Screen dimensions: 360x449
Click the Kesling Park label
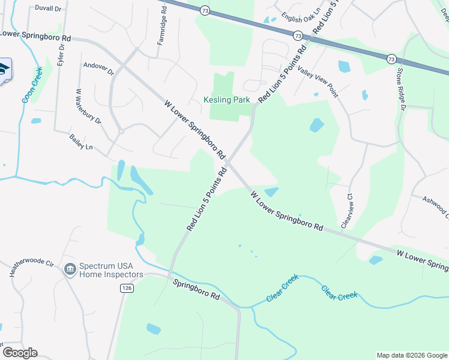227,100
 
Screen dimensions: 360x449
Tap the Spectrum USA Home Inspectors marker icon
70,269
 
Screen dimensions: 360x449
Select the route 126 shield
126,289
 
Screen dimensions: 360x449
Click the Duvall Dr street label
48,9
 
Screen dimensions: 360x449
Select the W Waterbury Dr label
88,107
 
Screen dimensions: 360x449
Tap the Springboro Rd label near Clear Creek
196,290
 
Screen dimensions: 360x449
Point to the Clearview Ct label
346,211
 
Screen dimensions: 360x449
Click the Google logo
20,353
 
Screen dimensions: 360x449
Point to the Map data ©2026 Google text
411,355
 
